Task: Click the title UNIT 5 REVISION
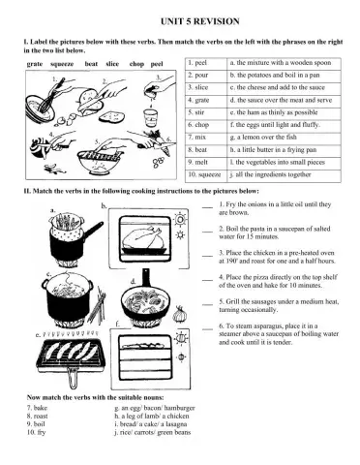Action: point(200,21)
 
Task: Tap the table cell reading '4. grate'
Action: point(206,101)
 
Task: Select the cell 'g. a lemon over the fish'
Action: point(284,138)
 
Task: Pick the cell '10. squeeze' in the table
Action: point(206,175)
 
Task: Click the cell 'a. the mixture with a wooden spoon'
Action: point(284,63)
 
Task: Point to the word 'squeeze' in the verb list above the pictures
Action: point(62,64)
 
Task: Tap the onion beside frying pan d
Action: point(180,314)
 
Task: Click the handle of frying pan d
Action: point(146,278)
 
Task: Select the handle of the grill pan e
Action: point(73,379)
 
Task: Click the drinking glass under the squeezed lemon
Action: point(150,118)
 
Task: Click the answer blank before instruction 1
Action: point(207,207)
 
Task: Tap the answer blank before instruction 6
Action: point(207,329)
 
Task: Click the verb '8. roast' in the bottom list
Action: point(37,417)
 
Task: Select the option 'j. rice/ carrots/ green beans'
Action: point(153,432)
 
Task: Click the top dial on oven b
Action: point(180,220)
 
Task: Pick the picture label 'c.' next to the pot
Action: point(49,274)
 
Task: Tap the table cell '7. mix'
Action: point(206,138)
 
